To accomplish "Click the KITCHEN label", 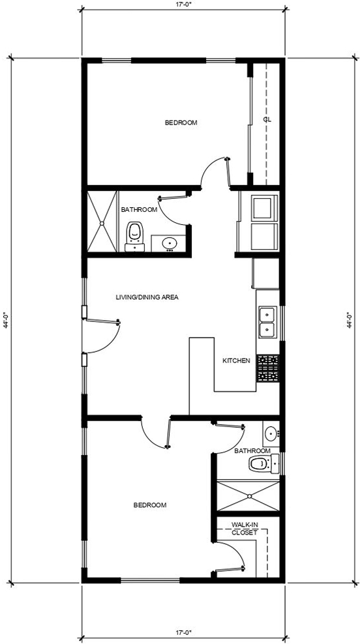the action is point(236,361).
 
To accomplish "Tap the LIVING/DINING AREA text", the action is point(147,297).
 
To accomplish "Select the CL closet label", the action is point(268,120).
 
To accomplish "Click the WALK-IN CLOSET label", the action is point(245,529).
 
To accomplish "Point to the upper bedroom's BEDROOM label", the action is point(181,123).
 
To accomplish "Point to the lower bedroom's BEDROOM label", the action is point(150,505).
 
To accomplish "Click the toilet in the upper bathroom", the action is point(134,236).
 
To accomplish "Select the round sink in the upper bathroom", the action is point(169,244).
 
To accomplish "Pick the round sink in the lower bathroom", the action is point(271,433).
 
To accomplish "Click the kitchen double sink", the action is point(267,322).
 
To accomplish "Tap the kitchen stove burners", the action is point(268,368).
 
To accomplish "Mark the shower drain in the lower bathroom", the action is point(249,496).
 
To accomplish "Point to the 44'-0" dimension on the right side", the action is point(349,319).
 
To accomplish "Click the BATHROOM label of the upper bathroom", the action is point(139,209).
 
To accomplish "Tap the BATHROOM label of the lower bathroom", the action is point(252,450).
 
